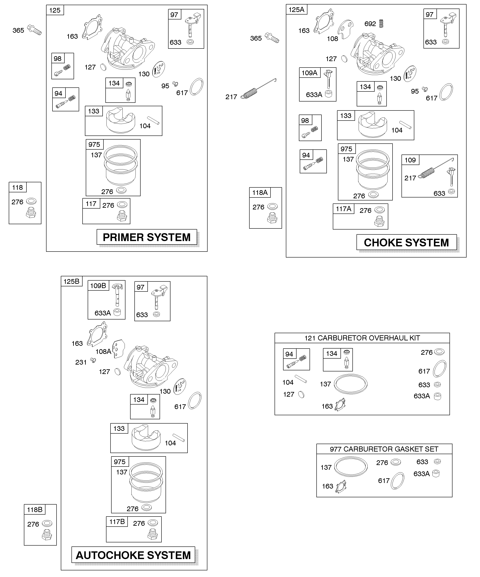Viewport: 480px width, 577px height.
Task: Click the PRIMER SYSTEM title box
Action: (147, 237)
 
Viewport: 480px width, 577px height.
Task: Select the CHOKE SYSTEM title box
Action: (406, 242)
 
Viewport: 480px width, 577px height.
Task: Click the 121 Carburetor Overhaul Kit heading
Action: (362, 338)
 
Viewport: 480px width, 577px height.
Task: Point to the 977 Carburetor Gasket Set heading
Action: (384, 449)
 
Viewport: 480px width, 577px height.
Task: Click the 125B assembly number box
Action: (72, 281)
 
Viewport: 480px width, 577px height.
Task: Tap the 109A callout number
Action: (309, 73)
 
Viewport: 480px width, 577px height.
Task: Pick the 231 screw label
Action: (81, 362)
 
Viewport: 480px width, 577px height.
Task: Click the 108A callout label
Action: (103, 351)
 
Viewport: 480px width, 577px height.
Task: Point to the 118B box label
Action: (35, 510)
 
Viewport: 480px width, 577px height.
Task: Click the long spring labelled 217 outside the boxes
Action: (258, 88)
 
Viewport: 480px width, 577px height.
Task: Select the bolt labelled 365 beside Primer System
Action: (34, 30)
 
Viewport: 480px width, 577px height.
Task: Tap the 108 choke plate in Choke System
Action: (345, 29)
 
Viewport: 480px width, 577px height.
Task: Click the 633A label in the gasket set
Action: (422, 474)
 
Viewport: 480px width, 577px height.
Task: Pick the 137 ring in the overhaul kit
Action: (351, 384)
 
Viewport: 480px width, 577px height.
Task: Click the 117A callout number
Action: (343, 209)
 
